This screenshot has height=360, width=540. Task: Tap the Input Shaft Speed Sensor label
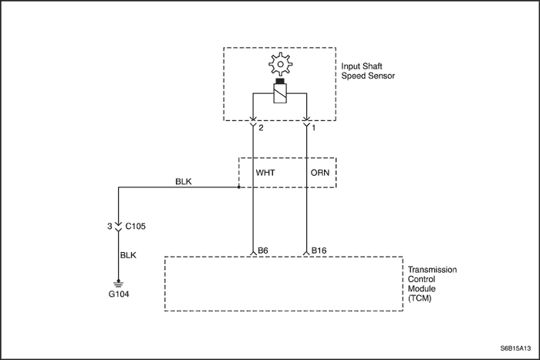click(368, 72)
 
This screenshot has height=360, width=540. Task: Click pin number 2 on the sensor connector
click(262, 128)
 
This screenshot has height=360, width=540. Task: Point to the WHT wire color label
click(266, 173)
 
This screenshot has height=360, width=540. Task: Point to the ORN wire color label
click(320, 173)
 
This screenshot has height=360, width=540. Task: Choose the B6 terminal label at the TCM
click(264, 251)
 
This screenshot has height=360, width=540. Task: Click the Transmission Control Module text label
click(432, 284)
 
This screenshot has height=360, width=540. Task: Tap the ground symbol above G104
click(118, 284)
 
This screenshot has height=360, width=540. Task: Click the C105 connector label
click(136, 227)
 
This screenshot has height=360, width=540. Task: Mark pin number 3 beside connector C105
click(110, 227)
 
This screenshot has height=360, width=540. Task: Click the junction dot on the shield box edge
click(238, 187)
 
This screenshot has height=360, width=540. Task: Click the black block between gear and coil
click(280, 82)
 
